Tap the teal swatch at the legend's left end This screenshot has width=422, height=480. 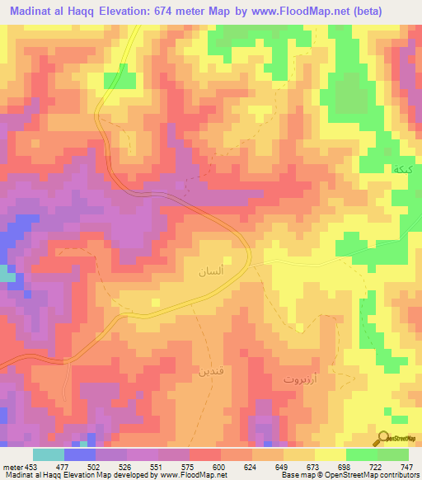pos(49,454)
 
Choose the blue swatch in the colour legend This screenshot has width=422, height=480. pos(80,454)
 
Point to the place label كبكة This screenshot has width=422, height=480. pos(403,168)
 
